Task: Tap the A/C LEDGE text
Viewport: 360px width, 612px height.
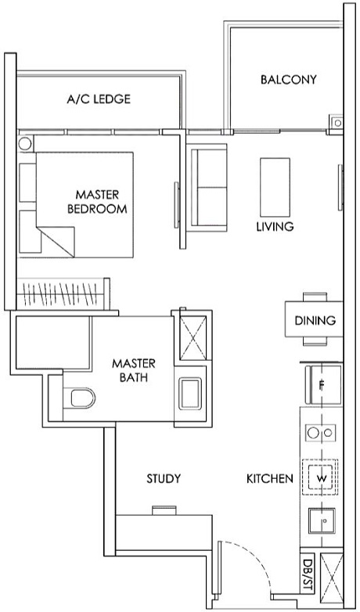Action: [x=99, y=99]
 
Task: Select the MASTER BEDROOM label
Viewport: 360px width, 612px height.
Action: [x=97, y=201]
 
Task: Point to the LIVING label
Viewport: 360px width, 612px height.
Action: [x=275, y=227]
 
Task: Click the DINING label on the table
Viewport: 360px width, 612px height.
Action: [x=315, y=320]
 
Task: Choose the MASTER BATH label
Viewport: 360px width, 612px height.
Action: [x=133, y=370]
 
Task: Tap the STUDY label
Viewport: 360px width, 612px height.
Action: [x=164, y=478]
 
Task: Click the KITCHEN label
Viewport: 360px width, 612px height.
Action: [x=270, y=478]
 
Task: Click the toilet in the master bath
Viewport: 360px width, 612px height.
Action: [x=80, y=400]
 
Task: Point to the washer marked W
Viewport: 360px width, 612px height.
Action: [x=322, y=477]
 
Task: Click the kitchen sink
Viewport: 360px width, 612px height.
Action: [x=322, y=519]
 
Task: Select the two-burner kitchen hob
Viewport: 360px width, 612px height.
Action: [x=322, y=432]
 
